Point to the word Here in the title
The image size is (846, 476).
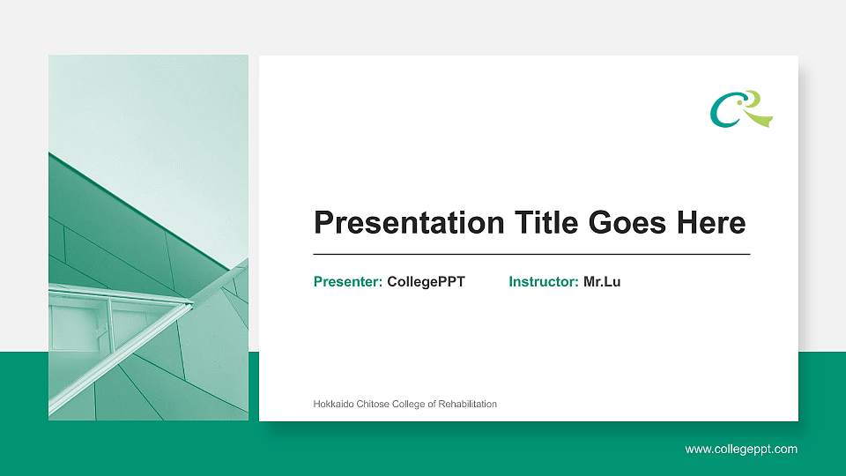pyautogui.click(x=710, y=223)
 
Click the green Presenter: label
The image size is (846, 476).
pyautogui.click(x=347, y=282)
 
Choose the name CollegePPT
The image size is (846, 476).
pyautogui.click(x=426, y=282)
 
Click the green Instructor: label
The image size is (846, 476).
pyautogui.click(x=543, y=282)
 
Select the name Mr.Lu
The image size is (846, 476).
pyautogui.click(x=602, y=282)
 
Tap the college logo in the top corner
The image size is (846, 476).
pyautogui.click(x=741, y=108)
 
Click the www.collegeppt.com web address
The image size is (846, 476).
pyautogui.click(x=741, y=450)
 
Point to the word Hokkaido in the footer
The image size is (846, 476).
pyautogui.click(x=332, y=405)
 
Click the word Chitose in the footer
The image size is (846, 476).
pyautogui.click(x=369, y=405)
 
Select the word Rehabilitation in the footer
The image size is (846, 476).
pyautogui.click(x=466, y=405)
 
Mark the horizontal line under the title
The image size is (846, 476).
pyautogui.click(x=531, y=254)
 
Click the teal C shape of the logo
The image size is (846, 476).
pyautogui.click(x=718, y=113)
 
